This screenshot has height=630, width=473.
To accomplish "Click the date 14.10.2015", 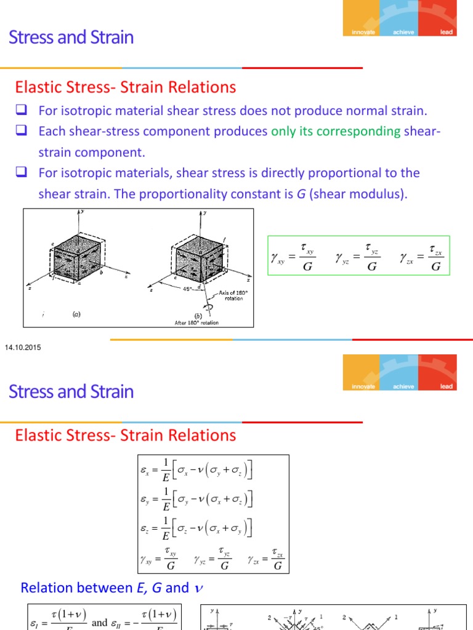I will pos(22,348).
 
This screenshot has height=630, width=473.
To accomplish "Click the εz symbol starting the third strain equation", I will pos(145,528).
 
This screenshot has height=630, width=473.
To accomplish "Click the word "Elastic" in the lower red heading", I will pos(38,436).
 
